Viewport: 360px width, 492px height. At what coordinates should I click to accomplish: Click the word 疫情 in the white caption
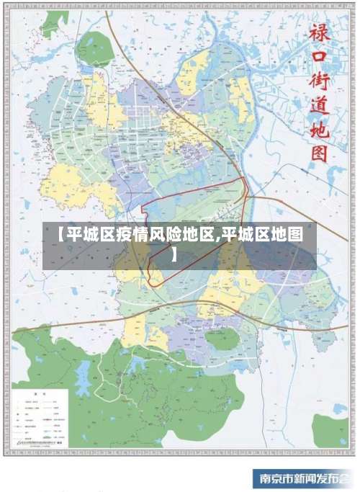(x=130, y=235)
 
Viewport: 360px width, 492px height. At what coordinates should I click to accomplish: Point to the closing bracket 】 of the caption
(x=174, y=254)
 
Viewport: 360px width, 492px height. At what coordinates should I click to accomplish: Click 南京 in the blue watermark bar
(x=271, y=479)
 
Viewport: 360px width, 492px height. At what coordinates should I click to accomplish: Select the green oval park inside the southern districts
(x=220, y=339)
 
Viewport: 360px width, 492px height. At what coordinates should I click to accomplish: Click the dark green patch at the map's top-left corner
(x=53, y=23)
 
